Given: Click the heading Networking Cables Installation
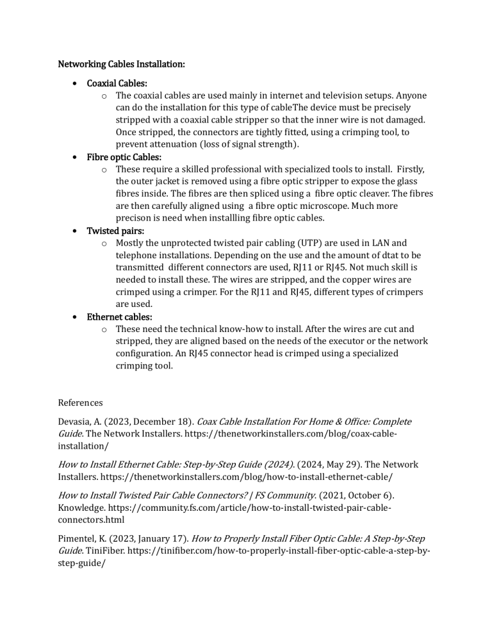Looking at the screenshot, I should coord(122,65).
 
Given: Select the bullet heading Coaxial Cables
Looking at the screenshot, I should coord(117,83).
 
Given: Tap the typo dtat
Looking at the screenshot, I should coord(391,255).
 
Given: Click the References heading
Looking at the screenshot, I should coord(80,402).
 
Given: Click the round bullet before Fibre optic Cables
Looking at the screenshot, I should coord(77,157).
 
